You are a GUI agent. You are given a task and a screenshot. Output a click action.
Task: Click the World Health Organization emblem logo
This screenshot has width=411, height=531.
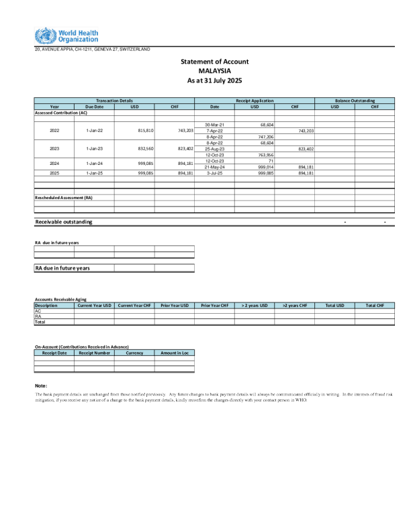coord(42,36)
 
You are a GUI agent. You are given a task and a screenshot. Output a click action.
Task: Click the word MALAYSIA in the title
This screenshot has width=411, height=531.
coord(215,70)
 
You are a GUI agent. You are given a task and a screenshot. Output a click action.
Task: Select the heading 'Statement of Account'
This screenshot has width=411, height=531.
coord(215,61)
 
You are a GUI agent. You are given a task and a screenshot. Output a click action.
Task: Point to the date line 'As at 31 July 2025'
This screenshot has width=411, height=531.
coord(215,80)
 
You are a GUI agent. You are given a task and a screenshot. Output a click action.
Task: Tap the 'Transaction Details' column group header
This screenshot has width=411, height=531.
coord(114,100)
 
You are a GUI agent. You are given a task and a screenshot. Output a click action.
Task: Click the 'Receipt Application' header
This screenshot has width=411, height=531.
coord(255,100)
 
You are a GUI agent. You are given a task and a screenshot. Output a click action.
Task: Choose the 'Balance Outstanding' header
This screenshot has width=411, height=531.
coord(355,100)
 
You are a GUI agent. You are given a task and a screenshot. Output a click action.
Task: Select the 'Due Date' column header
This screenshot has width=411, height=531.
coord(94,106)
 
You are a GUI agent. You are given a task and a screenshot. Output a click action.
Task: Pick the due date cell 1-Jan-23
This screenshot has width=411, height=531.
coord(94,148)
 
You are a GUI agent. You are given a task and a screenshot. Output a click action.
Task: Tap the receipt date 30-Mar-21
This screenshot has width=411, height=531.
coord(215,124)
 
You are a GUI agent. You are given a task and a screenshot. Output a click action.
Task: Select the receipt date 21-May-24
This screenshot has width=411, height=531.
coord(215,166)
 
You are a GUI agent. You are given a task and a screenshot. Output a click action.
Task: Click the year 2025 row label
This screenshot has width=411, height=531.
coord(54,172)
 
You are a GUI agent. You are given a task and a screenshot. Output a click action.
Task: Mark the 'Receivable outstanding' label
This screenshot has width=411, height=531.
coord(64,221)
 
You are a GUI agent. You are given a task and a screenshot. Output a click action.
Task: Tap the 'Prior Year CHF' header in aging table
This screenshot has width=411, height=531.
coord(215,305)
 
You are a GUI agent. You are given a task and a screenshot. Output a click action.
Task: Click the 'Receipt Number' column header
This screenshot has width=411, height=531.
coord(94,352)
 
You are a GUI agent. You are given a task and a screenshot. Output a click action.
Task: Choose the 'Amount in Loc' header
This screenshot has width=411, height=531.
coord(175,352)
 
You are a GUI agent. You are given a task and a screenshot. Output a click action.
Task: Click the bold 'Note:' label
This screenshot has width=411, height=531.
coord(40,386)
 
